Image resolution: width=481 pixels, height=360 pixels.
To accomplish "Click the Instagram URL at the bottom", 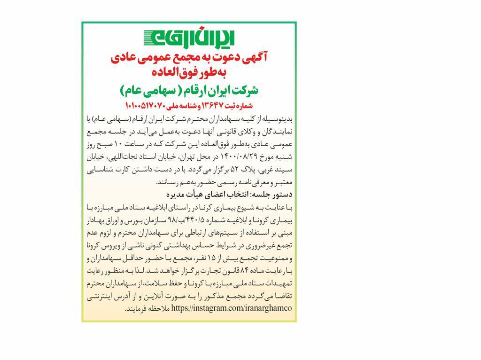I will click(232, 308).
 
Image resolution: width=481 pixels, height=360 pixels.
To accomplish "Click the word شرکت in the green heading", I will click(245, 90).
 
